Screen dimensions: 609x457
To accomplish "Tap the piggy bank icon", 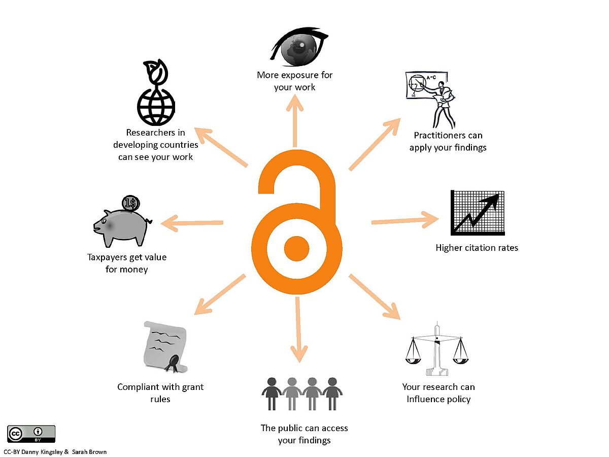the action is tap(122, 227).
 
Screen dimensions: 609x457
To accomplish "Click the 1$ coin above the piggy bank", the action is tap(130, 204).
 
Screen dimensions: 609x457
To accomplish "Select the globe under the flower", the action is tap(156, 107).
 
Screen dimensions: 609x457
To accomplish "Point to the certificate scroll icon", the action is tap(165, 347).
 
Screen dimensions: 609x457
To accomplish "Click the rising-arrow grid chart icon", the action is tap(478, 213).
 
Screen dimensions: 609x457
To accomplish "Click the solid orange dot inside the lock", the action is tap(296, 249).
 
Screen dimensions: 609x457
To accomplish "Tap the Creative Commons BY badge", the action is tap(31, 434).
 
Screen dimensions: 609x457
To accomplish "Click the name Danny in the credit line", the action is tap(29, 452).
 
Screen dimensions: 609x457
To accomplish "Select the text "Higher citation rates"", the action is tap(477, 248).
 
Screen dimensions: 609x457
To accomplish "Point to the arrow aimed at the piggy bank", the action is tap(192, 223).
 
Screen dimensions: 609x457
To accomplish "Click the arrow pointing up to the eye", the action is tap(295, 121).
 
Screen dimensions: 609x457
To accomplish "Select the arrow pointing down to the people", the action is tap(298, 330).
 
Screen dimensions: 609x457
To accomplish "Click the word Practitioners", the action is tap(438, 136).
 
